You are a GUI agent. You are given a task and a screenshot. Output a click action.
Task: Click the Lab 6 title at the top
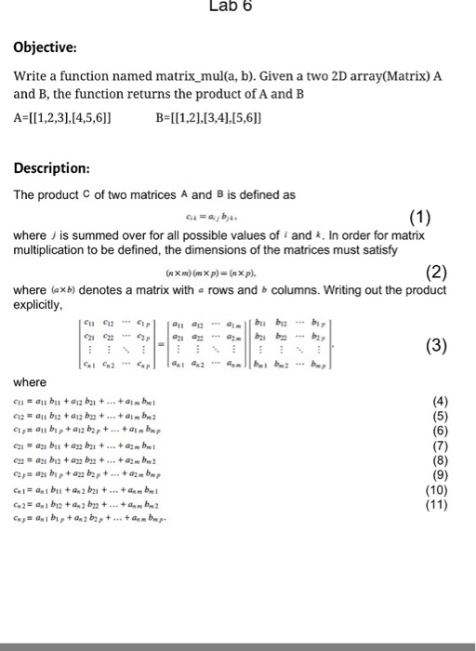231,7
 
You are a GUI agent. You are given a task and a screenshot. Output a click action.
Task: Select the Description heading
52,168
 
